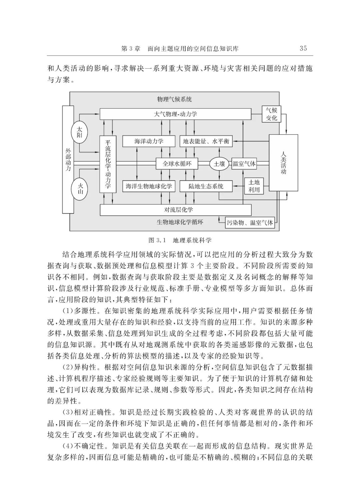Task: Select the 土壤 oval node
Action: coord(219,164)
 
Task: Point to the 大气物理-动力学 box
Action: coord(175,114)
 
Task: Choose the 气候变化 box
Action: coord(271,114)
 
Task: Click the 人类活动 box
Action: coord(283,163)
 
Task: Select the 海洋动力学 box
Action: coord(149,141)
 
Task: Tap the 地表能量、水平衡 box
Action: coord(206,141)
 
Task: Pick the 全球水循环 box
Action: coord(177,164)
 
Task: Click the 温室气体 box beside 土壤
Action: coord(244,164)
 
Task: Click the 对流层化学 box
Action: coord(176,210)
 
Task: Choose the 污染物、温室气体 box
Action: coord(250,223)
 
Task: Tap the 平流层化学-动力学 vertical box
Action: coord(108,164)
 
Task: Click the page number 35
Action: coord(303,48)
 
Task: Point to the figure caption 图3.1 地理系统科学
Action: coord(180,240)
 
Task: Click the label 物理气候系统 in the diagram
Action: coord(174,99)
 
